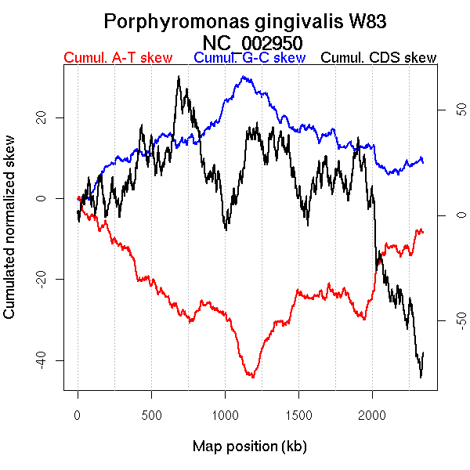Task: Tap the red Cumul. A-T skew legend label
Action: pyautogui.click(x=117, y=59)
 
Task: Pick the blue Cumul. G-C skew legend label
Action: pyautogui.click(x=249, y=59)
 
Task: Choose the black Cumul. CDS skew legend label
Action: pyautogui.click(x=379, y=59)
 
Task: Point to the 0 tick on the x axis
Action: pyautogui.click(x=78, y=414)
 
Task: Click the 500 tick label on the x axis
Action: pyautogui.click(x=151, y=414)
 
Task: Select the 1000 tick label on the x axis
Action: pyautogui.click(x=225, y=414)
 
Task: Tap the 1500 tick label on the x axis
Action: pyautogui.click(x=298, y=414)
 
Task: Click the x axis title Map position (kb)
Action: pyautogui.click(x=249, y=447)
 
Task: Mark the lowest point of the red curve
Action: pyautogui.click(x=252, y=378)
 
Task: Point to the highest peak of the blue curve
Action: pyautogui.click(x=244, y=77)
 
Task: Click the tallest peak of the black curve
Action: pyautogui.click(x=179, y=77)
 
